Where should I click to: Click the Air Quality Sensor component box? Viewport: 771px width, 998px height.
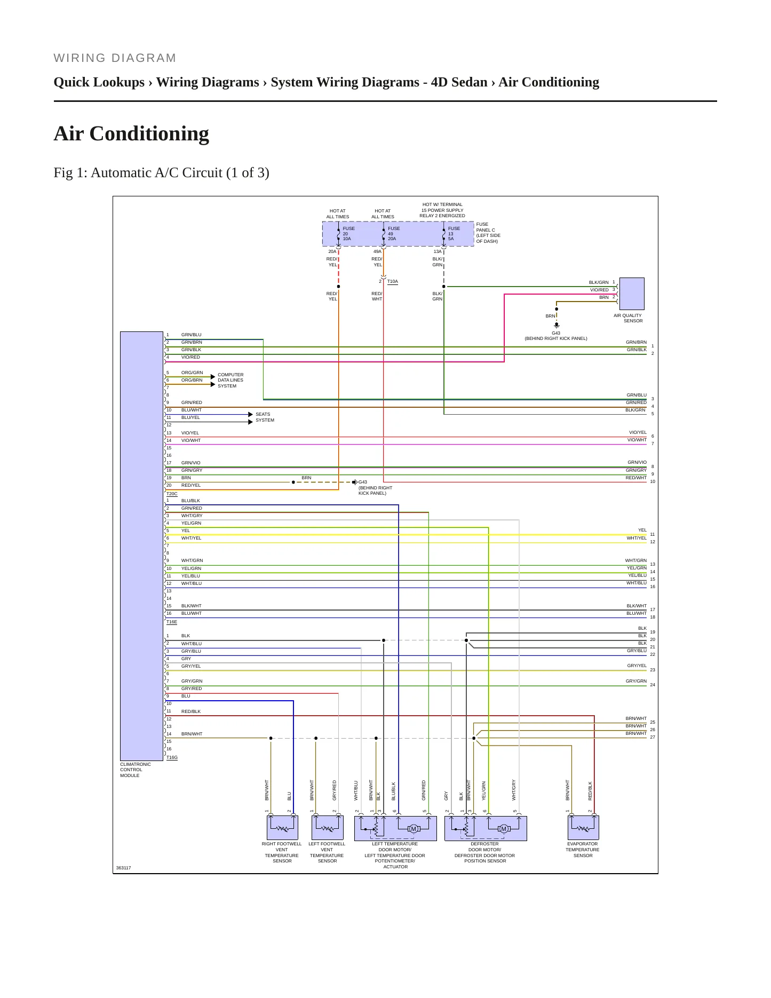(x=631, y=294)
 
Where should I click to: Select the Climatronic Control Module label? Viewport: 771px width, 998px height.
(x=136, y=770)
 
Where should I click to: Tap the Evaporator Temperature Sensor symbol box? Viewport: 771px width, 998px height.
(x=583, y=828)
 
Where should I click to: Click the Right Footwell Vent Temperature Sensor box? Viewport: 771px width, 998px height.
(x=282, y=828)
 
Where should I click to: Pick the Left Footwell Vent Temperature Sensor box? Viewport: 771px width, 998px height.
(x=327, y=828)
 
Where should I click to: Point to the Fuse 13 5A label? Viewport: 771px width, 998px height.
(x=454, y=233)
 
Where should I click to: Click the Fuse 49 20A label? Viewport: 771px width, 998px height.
(x=394, y=233)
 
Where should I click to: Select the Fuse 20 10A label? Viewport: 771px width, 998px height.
(x=348, y=233)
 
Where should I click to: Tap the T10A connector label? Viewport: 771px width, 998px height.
(x=393, y=281)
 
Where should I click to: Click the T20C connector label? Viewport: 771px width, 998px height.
(x=172, y=494)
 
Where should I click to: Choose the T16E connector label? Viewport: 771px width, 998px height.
(x=172, y=622)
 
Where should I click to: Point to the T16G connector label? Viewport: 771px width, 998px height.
(x=172, y=757)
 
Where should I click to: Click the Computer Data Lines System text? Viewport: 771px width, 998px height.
(x=230, y=380)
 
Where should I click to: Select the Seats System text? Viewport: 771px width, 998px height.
(x=265, y=417)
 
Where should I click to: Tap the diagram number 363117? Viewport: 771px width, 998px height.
(x=123, y=868)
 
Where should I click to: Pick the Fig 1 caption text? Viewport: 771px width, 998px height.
(x=162, y=172)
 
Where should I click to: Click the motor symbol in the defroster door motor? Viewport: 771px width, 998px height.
(x=504, y=829)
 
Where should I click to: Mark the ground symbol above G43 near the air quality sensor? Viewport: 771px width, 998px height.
(x=557, y=324)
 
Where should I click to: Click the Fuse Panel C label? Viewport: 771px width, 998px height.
(x=488, y=233)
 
